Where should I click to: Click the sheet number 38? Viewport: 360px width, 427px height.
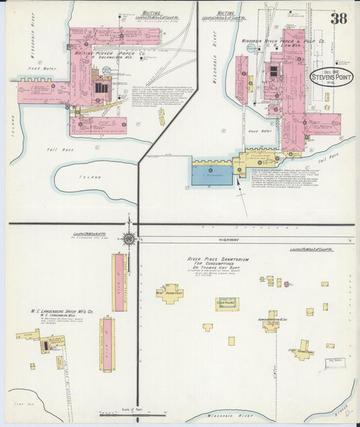coord(338,18)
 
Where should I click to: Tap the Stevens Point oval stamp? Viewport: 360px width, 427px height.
coord(331,78)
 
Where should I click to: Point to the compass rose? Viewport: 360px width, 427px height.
coord(128,237)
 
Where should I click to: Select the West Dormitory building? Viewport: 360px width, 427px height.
coord(170,293)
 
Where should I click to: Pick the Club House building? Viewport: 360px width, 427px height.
coord(227,303)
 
